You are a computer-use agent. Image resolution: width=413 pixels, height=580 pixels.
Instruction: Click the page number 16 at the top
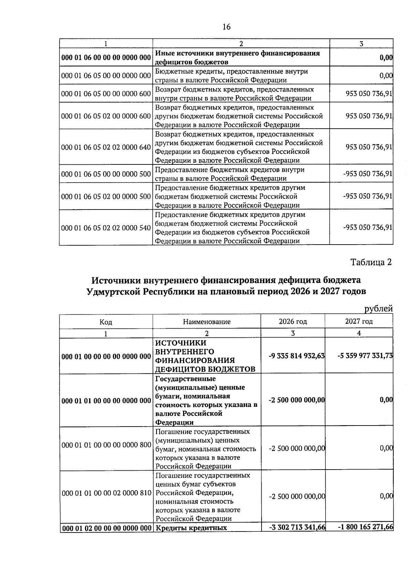coord(226,27)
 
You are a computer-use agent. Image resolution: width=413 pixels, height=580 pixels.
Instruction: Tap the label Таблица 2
coord(371,262)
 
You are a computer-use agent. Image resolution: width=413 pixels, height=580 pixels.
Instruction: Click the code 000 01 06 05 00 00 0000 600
coord(106,94)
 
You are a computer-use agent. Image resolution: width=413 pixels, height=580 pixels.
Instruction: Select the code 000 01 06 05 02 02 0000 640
coord(106,147)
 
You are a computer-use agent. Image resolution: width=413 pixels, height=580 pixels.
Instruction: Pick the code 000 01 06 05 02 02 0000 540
coord(106,228)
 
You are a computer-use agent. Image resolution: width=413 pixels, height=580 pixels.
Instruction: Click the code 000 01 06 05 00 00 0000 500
coord(106,174)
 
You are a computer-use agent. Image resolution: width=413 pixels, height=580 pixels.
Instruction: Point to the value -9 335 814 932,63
coord(297,356)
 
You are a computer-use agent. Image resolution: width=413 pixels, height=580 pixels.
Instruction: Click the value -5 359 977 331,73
coord(365,356)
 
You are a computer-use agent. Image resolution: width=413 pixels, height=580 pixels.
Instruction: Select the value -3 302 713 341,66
coord(297,527)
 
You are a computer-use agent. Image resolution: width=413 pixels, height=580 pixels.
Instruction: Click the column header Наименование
coord(206,322)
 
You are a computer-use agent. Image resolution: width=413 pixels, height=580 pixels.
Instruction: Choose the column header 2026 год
coord(293,322)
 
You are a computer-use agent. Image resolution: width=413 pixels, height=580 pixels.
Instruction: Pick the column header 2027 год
coord(359,322)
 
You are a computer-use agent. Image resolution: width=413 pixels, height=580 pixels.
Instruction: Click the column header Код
coord(106,322)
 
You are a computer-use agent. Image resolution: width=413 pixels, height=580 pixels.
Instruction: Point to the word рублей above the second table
coord(378,309)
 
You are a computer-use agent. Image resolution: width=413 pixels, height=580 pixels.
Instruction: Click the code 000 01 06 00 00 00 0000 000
coord(106,58)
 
